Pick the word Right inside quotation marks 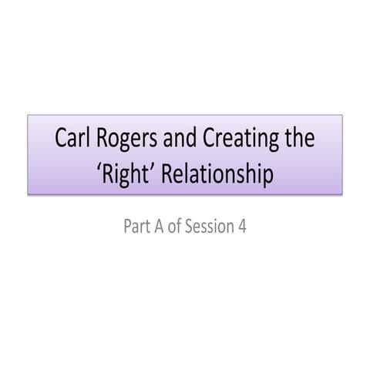pos(127,175)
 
